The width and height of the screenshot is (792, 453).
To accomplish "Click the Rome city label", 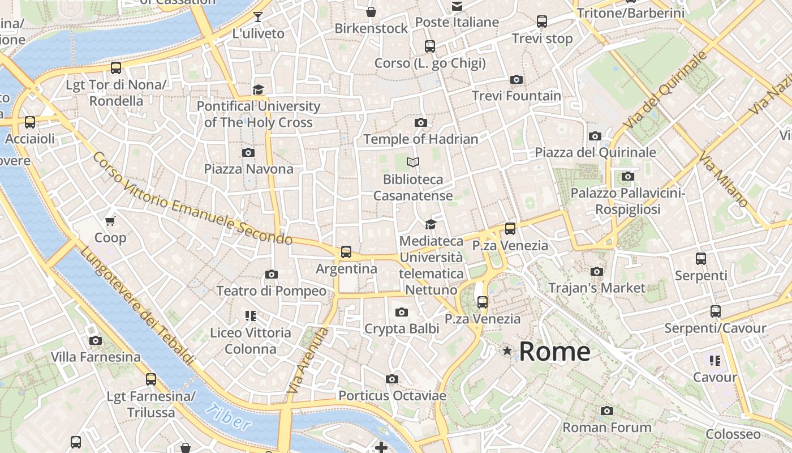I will click(554, 351).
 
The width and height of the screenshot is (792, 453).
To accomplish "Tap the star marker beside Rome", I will click(507, 351).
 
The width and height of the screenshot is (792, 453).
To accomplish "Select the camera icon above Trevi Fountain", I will click(516, 80).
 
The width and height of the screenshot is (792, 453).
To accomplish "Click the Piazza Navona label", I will click(248, 169).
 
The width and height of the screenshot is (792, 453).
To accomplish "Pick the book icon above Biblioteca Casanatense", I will click(413, 163).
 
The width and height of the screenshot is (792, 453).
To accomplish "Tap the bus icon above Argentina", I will click(346, 252).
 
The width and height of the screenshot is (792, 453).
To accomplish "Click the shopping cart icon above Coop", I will click(110, 221).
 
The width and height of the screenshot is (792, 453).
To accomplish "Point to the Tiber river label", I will click(227, 417).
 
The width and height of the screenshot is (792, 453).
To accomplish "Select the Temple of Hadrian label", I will click(420, 139).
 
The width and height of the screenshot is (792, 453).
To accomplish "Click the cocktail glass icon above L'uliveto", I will click(258, 17).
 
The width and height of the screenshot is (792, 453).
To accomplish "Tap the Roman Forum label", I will click(606, 427).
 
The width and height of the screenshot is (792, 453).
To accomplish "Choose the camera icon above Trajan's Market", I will click(596, 272).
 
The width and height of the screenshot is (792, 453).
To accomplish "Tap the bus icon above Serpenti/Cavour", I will click(715, 311).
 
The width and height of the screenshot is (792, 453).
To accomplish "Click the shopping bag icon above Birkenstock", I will click(371, 12).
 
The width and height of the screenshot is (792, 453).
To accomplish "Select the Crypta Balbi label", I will click(401, 328).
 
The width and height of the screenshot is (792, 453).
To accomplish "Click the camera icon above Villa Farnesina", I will click(96, 341).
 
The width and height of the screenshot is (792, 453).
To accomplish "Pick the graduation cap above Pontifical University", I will click(258, 89).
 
